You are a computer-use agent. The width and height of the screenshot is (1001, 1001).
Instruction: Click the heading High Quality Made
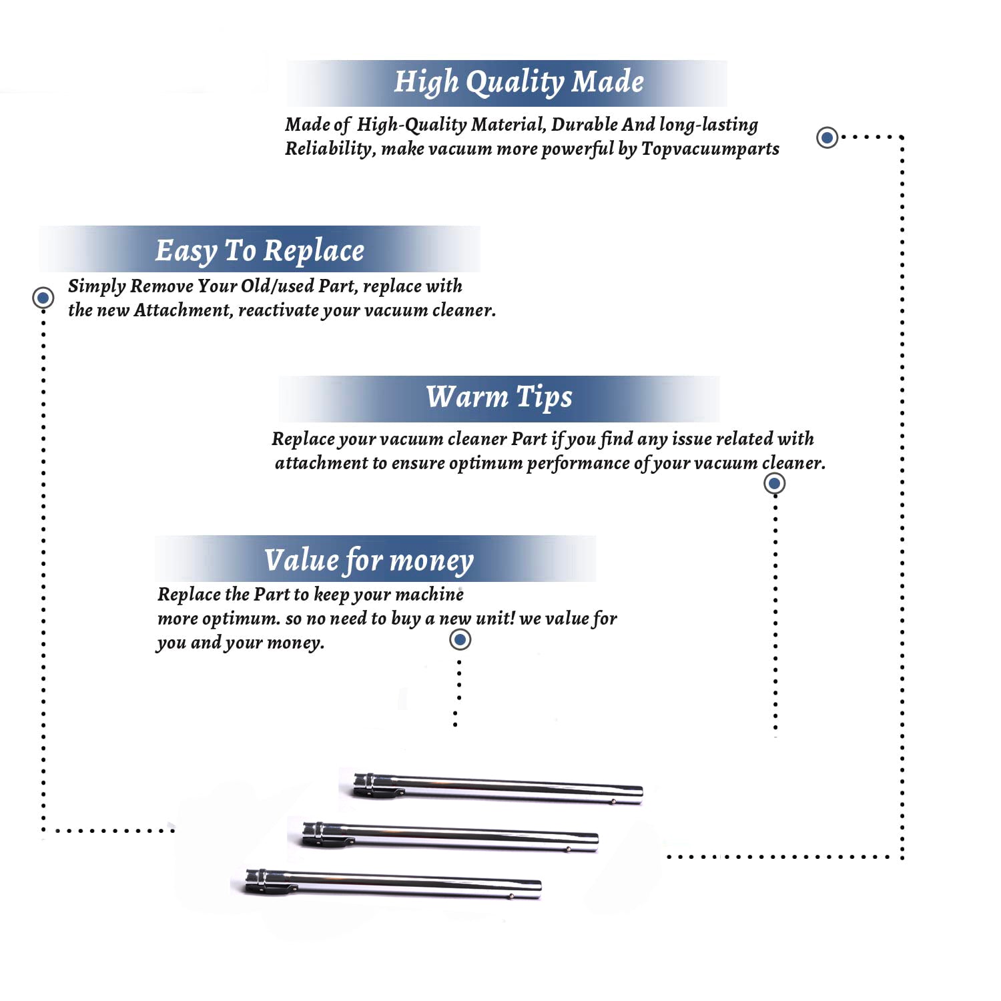(x=519, y=82)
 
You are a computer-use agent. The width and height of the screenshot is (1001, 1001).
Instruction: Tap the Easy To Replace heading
(x=260, y=251)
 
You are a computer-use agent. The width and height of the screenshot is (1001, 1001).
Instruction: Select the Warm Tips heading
(x=499, y=397)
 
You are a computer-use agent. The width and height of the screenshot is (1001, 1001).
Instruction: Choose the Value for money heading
(x=369, y=560)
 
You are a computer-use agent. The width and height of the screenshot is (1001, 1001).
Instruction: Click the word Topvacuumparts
(x=710, y=149)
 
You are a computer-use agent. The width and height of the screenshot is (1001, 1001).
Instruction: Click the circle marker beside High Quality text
(x=827, y=137)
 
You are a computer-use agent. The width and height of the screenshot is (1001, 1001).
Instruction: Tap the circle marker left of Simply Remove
(x=43, y=298)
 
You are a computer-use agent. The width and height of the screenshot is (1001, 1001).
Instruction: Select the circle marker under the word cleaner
(x=774, y=483)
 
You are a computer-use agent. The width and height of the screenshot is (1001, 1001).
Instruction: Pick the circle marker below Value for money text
(x=460, y=640)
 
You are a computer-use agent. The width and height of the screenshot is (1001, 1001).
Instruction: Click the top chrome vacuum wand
(x=497, y=787)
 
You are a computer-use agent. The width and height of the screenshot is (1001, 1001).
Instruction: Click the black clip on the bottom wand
(x=270, y=889)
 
